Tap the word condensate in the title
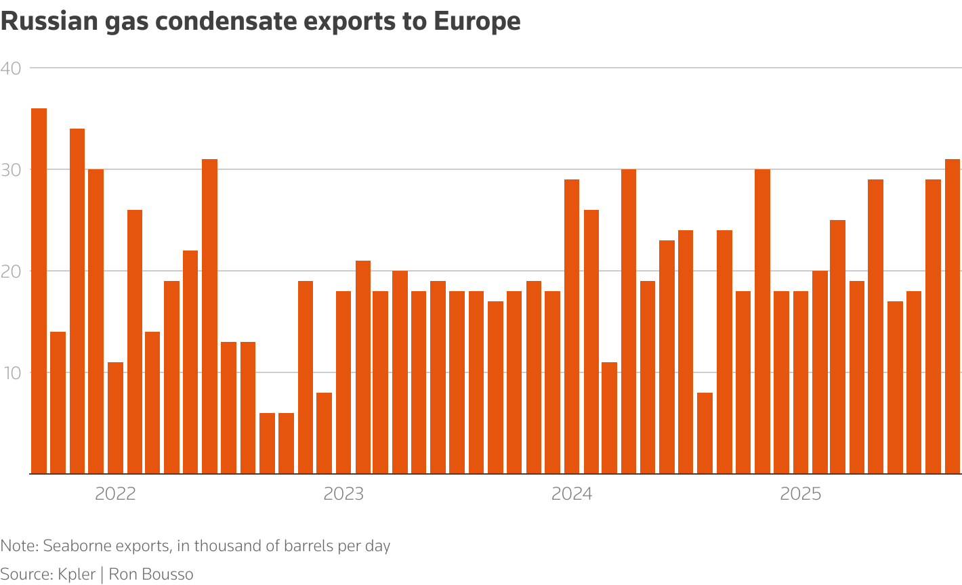(x=232, y=22)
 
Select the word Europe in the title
(x=477, y=22)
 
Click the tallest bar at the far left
(x=39, y=291)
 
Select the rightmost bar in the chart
(x=953, y=317)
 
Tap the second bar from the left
(x=58, y=403)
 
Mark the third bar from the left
(x=77, y=301)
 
